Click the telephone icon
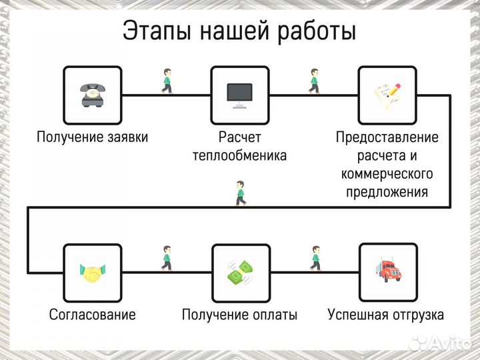[92, 95]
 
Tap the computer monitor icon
[239, 95]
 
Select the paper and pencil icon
[387, 95]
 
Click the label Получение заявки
[92, 138]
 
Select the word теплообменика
[239, 156]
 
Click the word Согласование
[92, 315]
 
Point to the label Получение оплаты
[239, 315]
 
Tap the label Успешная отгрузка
[386, 315]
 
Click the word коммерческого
[387, 174]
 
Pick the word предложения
[387, 192]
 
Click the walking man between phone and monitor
[166, 81]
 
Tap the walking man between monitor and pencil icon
[313, 81]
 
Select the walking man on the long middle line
[240, 193]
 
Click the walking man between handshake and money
[166, 258]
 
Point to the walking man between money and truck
[315, 258]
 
